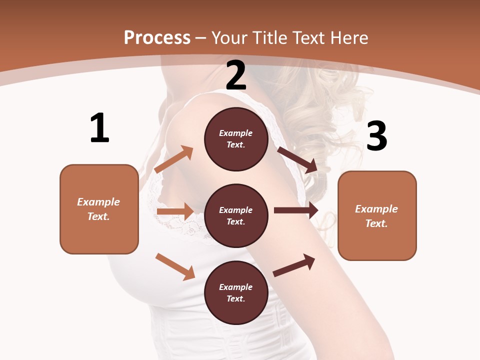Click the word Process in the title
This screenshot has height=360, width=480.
click(157, 37)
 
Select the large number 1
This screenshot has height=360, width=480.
click(99, 128)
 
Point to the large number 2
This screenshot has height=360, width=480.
click(236, 75)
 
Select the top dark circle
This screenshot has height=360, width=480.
click(236, 139)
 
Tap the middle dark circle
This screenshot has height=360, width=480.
click(236, 215)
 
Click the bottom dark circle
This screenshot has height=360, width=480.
click(236, 292)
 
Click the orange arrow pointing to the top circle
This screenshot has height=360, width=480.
click(174, 159)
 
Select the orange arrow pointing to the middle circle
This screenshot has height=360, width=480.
click(175, 211)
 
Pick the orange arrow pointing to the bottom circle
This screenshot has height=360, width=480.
click(175, 266)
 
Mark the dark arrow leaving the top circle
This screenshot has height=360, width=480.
click(297, 159)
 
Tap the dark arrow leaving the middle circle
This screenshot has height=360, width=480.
click(296, 210)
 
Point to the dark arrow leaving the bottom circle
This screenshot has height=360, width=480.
click(294, 265)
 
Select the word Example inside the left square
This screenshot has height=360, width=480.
click(98, 202)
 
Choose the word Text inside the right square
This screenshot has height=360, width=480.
click(376, 223)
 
